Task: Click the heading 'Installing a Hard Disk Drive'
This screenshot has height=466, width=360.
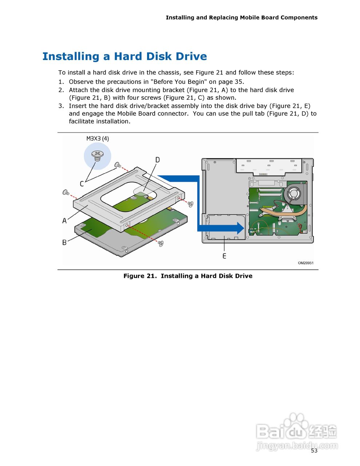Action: (x=124, y=56)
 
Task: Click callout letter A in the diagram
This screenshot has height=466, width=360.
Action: (x=64, y=221)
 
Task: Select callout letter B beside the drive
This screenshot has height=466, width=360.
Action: (x=64, y=242)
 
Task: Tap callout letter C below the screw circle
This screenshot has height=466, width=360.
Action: (x=82, y=184)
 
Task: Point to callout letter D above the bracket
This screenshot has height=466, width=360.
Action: (x=157, y=160)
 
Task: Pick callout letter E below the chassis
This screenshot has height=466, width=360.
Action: (x=224, y=256)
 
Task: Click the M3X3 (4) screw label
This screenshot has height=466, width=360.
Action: (x=98, y=138)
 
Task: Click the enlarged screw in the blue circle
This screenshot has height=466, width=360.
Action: (x=97, y=156)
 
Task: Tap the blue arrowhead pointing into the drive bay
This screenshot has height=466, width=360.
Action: (x=239, y=228)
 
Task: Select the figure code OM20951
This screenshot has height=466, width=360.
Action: (x=305, y=263)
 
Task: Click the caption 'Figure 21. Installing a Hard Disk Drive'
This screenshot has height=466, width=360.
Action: (x=188, y=276)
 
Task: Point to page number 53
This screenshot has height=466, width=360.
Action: (x=314, y=451)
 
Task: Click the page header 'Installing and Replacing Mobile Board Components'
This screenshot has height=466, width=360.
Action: (x=241, y=17)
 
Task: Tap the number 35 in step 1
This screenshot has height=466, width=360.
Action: (x=238, y=82)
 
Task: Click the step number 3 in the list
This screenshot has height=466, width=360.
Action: (x=61, y=106)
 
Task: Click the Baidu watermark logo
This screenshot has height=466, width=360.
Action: (x=296, y=431)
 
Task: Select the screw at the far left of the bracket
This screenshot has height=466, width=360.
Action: (x=66, y=192)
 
